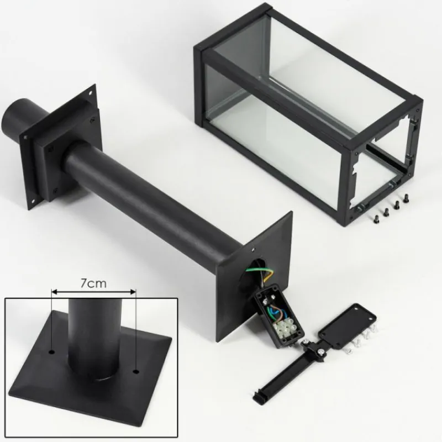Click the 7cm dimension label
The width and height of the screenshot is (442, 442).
pyautogui.click(x=93, y=283)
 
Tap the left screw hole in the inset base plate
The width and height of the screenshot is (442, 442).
pyautogui.click(x=51, y=352)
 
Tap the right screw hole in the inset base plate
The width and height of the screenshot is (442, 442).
pyautogui.click(x=136, y=372)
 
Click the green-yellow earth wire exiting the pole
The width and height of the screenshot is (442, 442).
pyautogui.click(x=259, y=270)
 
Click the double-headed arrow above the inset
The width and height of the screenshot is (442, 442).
pyautogui.click(x=94, y=292)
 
